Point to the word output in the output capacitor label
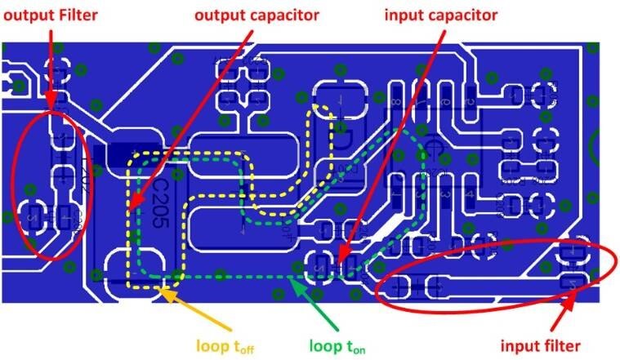pos(216,16)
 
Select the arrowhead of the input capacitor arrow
pos(342,259)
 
